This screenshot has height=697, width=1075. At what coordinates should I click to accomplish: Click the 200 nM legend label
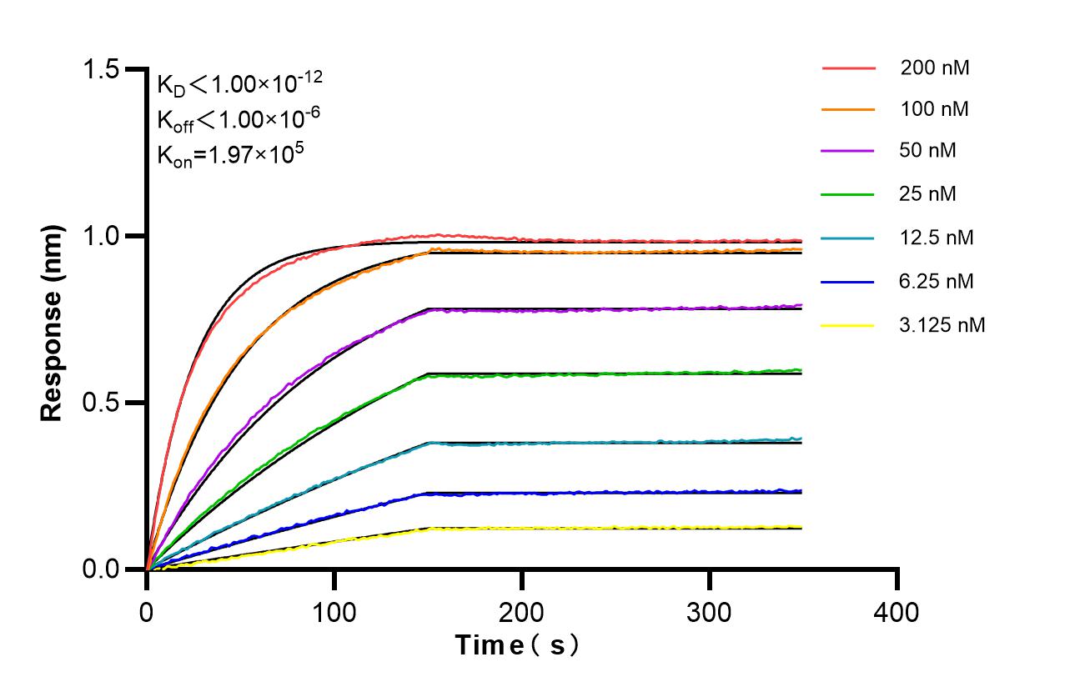pyautogui.click(x=934, y=68)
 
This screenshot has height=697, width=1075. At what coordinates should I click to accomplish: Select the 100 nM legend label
pyautogui.click(x=934, y=109)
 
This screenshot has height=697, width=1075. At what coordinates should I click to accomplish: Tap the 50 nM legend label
pyautogui.click(x=928, y=151)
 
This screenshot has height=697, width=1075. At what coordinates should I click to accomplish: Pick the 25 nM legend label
pyautogui.click(x=928, y=194)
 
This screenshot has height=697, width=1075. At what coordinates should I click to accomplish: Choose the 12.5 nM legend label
pyautogui.click(x=937, y=238)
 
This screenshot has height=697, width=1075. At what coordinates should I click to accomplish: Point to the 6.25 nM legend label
pyautogui.click(x=937, y=281)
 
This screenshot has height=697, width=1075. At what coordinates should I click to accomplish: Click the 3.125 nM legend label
pyautogui.click(x=942, y=325)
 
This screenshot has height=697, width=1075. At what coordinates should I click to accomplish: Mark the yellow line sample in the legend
pyautogui.click(x=848, y=325)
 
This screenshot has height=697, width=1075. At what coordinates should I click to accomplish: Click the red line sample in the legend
pyautogui.click(x=848, y=68)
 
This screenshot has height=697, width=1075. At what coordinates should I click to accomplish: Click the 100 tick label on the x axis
pyautogui.click(x=334, y=613)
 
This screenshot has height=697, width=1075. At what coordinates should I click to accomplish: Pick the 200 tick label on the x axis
pyautogui.click(x=522, y=613)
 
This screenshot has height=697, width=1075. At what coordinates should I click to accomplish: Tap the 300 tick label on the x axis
pyautogui.click(x=710, y=613)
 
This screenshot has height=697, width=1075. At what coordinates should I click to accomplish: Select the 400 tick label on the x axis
pyautogui.click(x=897, y=613)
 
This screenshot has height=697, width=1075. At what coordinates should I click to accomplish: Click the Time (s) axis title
pyautogui.click(x=516, y=645)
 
